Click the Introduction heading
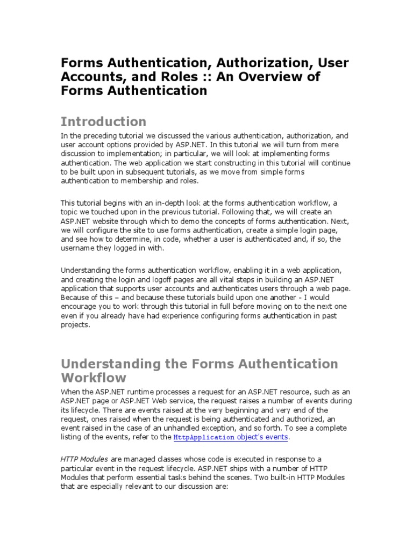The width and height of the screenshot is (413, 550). pyautogui.click(x=103, y=121)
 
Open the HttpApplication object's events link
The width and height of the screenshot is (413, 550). pyautogui.click(x=231, y=437)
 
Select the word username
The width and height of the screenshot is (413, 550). pyautogui.click(x=77, y=248)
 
